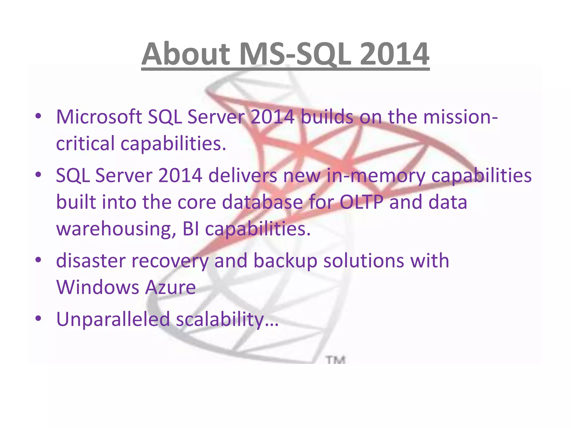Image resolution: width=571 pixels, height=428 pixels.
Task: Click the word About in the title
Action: [x=186, y=54]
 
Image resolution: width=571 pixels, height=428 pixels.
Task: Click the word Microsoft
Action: [x=99, y=117]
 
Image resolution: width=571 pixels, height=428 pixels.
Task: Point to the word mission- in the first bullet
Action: [x=460, y=117]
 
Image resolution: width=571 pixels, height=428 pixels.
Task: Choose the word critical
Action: [x=85, y=144]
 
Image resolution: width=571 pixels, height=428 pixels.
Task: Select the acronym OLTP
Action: [x=361, y=202]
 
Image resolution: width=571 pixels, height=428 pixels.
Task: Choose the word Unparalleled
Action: [x=113, y=319]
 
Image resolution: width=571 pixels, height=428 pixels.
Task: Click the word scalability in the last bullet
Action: [x=220, y=319]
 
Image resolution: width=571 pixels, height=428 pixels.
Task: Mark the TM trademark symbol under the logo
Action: [x=336, y=360]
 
